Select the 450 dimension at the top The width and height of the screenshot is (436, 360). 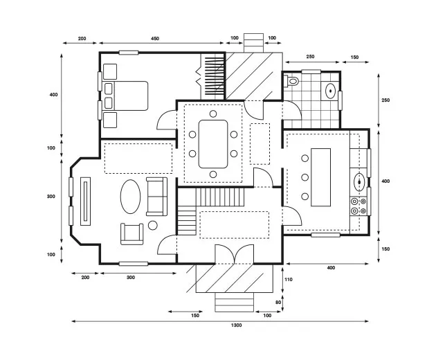point(154,38)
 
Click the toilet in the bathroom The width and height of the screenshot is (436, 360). point(293,82)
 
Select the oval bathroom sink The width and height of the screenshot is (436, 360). point(331,90)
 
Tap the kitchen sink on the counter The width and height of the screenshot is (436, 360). point(360,182)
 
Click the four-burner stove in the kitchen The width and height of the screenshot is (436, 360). point(359,205)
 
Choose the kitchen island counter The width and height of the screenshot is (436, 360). point(323,177)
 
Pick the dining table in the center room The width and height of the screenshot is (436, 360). point(212,144)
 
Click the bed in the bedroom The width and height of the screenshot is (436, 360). point(126,96)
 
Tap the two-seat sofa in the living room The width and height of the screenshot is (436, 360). point(156,195)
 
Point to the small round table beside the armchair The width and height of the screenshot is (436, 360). point(153,225)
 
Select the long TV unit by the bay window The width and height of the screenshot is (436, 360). point(86,200)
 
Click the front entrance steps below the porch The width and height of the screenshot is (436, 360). point(235,303)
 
